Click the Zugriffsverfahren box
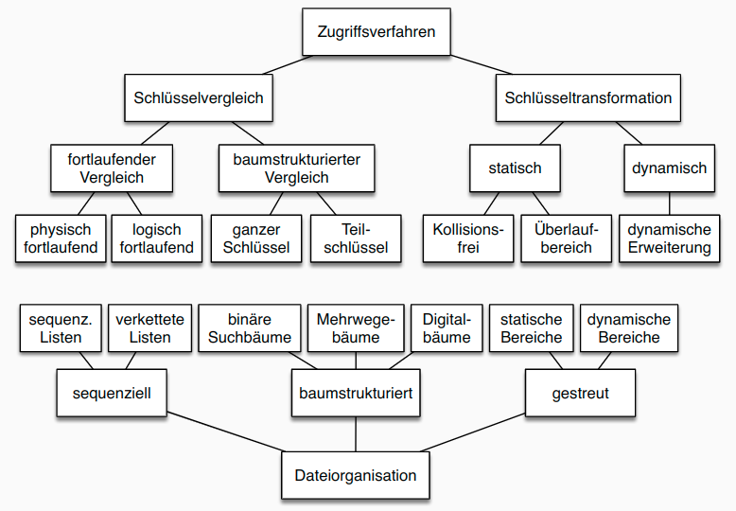tap(377, 32)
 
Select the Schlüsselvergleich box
tap(199, 97)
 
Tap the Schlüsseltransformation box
tap(587, 97)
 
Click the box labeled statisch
tap(516, 168)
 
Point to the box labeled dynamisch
tap(670, 168)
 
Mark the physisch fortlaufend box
tap(61, 238)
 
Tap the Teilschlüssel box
tap(356, 238)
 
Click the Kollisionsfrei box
tap(466, 238)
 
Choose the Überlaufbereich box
tap(562, 238)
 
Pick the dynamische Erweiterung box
tap(670, 238)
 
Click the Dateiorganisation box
tap(356, 475)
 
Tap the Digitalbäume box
tap(447, 327)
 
